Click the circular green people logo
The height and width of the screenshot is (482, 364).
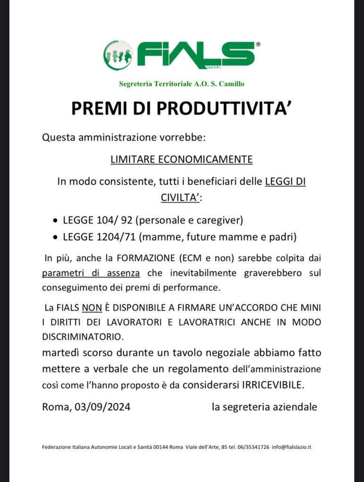point(118,55)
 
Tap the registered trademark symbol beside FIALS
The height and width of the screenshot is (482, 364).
point(258,44)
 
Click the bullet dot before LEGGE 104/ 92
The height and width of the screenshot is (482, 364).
point(56,221)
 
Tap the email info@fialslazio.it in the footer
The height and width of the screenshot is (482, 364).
point(291,447)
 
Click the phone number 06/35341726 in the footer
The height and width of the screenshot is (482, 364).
point(254,447)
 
